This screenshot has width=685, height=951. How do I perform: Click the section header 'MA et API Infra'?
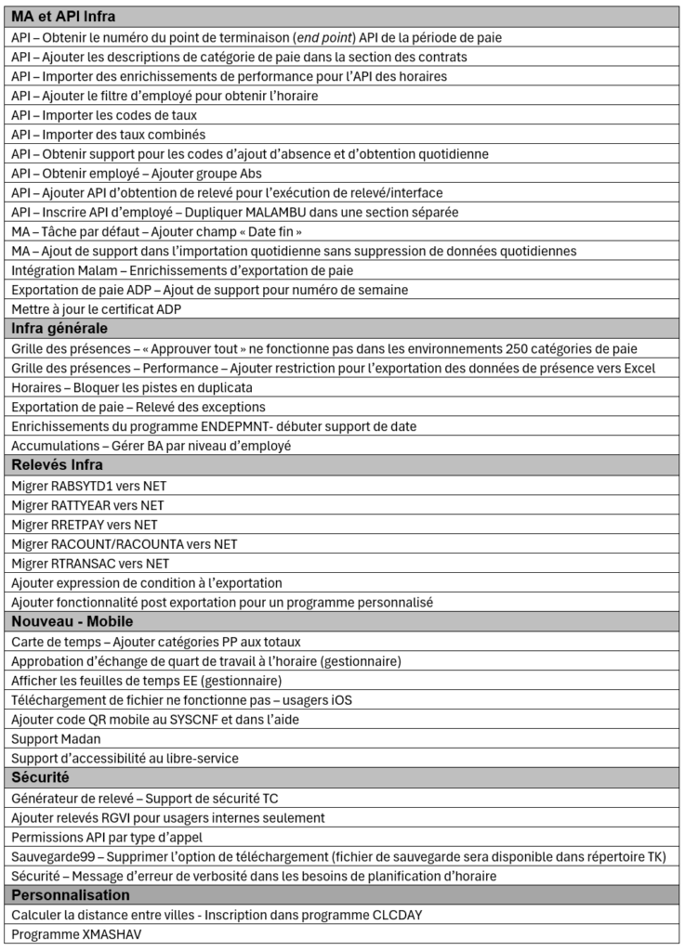[63, 17]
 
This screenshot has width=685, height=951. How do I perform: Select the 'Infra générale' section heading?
[59, 328]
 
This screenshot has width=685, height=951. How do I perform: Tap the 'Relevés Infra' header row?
[57, 464]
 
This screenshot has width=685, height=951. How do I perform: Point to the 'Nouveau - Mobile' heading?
[72, 620]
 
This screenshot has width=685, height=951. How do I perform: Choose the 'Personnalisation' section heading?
[70, 894]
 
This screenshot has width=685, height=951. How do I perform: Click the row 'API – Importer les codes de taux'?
[104, 115]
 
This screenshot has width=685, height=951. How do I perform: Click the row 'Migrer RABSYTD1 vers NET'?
[89, 485]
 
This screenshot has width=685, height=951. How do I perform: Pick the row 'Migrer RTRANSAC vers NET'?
[90, 563]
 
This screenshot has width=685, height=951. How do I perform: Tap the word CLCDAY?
[390, 915]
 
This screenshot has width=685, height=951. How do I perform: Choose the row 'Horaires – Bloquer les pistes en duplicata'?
[132, 387]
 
